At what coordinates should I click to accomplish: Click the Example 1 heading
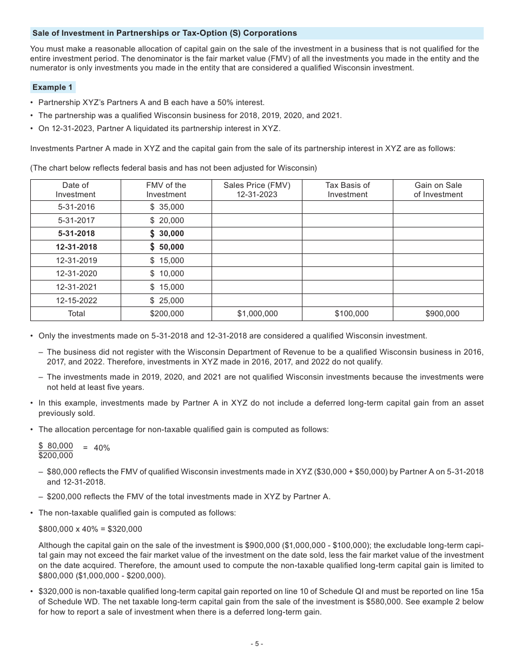point(52,87)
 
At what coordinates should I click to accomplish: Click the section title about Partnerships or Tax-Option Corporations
point(164,33)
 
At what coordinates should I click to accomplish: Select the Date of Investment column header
point(75,190)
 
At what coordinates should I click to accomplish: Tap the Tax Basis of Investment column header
point(347,190)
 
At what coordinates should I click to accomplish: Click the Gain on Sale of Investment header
point(438,190)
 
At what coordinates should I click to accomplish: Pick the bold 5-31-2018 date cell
point(75,233)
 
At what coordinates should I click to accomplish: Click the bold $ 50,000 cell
point(167,247)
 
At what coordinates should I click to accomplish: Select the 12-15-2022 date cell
point(76,301)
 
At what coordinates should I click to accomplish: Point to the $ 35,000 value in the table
point(167,207)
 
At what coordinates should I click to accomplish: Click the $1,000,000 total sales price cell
point(257,314)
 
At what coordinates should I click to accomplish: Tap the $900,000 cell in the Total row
point(438,314)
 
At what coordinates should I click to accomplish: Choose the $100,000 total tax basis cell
point(347,314)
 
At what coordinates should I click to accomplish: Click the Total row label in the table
point(76,314)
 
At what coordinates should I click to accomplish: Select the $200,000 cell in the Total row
point(166,314)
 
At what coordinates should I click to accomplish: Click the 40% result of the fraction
point(102,448)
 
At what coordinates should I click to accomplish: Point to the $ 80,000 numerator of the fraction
point(56,446)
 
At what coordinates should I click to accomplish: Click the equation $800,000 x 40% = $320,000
point(90,529)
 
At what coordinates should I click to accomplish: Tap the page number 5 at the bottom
point(257,644)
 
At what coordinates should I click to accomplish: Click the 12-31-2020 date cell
point(76,273)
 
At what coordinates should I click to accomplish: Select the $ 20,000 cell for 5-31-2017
point(167,220)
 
